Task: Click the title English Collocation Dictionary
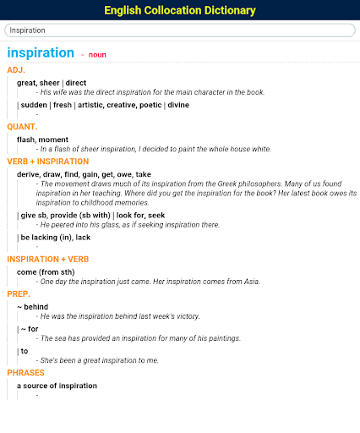tap(180, 10)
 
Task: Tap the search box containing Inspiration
tap(179, 30)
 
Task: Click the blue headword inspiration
tap(41, 52)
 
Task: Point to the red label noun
tap(97, 54)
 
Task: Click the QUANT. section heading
tap(22, 126)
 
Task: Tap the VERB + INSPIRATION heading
tap(47, 161)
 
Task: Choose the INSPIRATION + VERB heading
tap(47, 259)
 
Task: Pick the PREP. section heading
tap(19, 293)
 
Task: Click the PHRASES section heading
tap(25, 373)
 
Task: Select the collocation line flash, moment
tap(43, 139)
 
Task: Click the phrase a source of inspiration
tap(57, 386)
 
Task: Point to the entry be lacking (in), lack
tap(57, 238)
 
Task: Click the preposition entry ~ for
tap(30, 328)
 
